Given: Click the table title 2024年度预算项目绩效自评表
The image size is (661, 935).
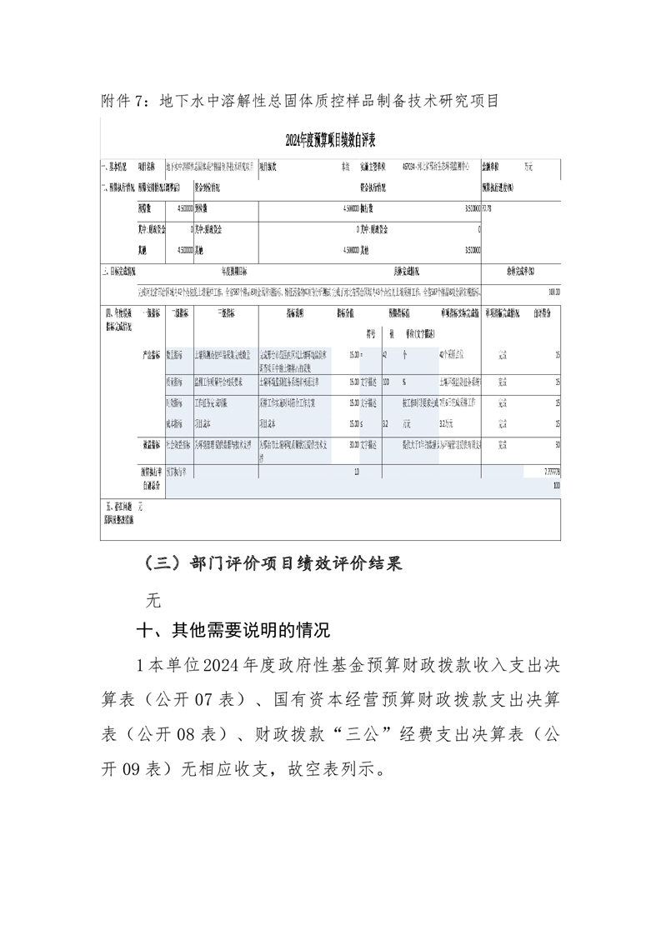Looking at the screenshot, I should point(331,139).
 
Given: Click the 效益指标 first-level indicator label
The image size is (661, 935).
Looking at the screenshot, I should point(153,445).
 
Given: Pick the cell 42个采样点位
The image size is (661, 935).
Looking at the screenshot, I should point(456,355).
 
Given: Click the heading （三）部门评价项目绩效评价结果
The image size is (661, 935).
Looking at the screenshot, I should point(273,564).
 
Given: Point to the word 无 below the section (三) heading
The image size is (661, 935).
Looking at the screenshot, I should point(153,598).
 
